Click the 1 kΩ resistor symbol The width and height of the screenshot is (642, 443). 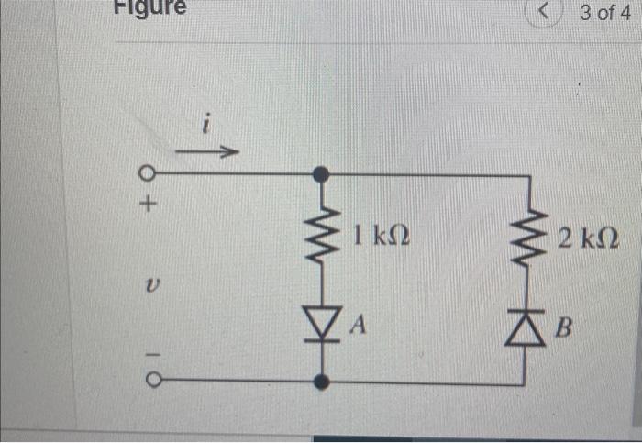click(320, 237)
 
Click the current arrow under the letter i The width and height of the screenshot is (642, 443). click(208, 150)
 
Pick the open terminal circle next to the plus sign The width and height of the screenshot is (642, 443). click(147, 173)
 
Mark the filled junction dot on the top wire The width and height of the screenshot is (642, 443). click(320, 173)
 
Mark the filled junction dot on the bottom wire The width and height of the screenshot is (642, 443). click(321, 381)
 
